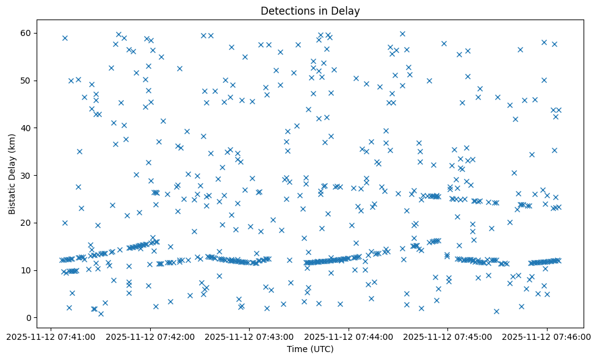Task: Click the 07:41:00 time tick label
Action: point(51,336)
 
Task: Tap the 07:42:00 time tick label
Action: point(150,336)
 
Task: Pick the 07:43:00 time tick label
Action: point(249,336)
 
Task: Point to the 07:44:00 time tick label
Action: point(349,336)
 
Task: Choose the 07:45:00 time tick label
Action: point(447,336)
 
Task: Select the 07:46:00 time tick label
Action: point(547,336)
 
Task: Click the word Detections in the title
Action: point(284,10)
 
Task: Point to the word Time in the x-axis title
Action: point(296,349)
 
